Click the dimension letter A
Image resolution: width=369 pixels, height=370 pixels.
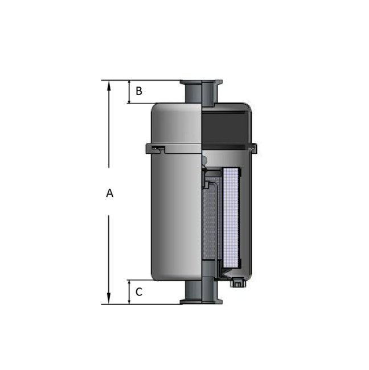[109, 194]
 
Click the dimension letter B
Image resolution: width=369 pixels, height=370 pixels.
[138, 91]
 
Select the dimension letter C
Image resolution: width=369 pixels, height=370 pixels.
[138, 293]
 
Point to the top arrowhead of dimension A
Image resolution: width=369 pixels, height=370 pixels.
[108, 84]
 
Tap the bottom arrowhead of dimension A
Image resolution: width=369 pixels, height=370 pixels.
[108, 299]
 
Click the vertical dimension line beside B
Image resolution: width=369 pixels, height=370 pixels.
[129, 92]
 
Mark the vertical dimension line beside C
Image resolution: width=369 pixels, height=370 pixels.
[129, 292]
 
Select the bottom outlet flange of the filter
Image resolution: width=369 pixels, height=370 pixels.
[201, 301]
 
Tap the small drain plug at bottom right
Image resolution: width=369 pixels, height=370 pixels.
[237, 282]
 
